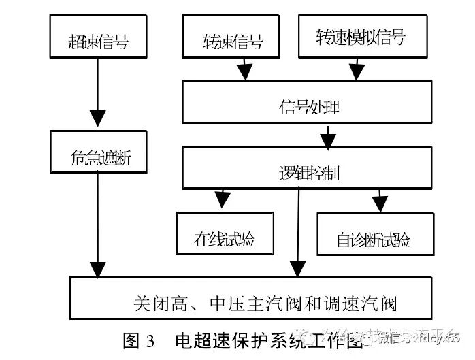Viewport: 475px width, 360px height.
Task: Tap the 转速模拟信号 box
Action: pyautogui.click(x=359, y=37)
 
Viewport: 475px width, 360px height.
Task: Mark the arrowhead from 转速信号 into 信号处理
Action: pyautogui.click(x=244, y=71)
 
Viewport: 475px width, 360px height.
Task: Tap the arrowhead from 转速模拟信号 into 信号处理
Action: pyautogui.click(x=357, y=71)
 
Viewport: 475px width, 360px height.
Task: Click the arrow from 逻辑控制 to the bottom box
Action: pyautogui.click(x=297, y=231)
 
